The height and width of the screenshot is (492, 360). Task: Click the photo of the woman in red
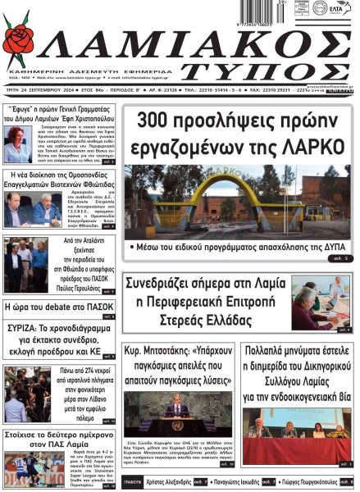17,143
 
